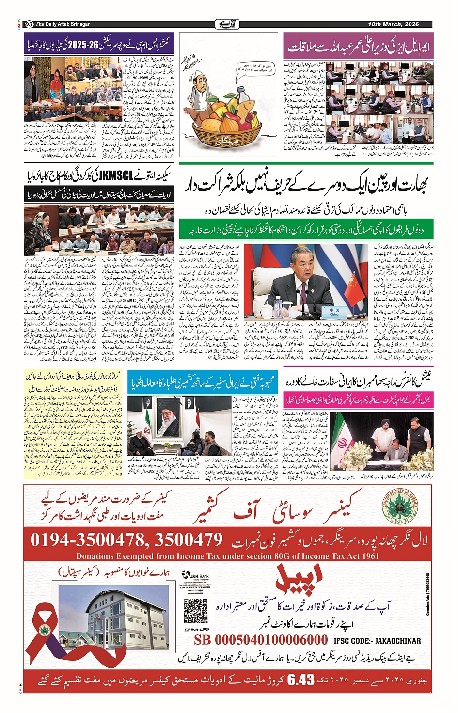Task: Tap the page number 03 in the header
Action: pyautogui.click(x=29, y=24)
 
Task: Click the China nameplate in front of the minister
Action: pyautogui.click(x=334, y=312)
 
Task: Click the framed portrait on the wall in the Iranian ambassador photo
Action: pyautogui.click(x=166, y=419)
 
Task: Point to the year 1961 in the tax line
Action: pyautogui.click(x=368, y=556)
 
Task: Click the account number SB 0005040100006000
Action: pyautogui.click(x=261, y=640)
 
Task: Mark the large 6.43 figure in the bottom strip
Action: pyautogui.click(x=300, y=680)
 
